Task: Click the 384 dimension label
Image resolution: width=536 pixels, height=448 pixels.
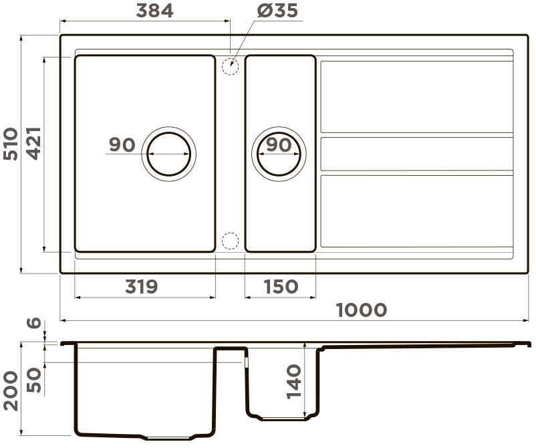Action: tap(154, 11)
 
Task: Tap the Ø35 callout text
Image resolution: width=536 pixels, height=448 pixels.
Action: tap(277, 11)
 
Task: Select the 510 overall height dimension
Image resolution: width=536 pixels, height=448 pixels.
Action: tap(11, 144)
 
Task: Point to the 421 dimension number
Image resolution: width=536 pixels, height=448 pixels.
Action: tap(34, 144)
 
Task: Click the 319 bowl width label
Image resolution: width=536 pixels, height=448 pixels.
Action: tap(141, 287)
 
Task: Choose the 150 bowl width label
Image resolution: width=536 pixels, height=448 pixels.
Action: tap(281, 287)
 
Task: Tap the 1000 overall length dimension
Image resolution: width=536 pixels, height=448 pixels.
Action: tap(362, 310)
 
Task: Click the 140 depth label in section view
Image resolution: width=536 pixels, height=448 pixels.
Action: tap(294, 382)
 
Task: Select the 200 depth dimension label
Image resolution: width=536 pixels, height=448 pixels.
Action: tap(11, 390)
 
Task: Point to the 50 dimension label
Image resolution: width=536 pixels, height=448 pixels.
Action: tap(34, 380)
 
